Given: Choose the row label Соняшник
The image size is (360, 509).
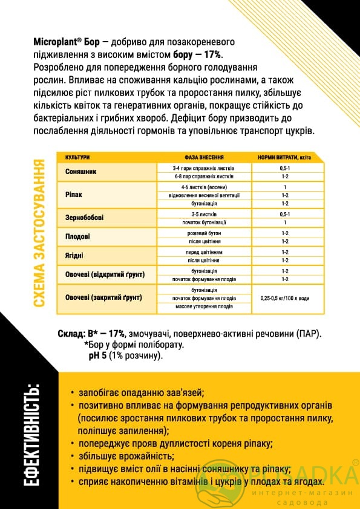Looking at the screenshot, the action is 81,172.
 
